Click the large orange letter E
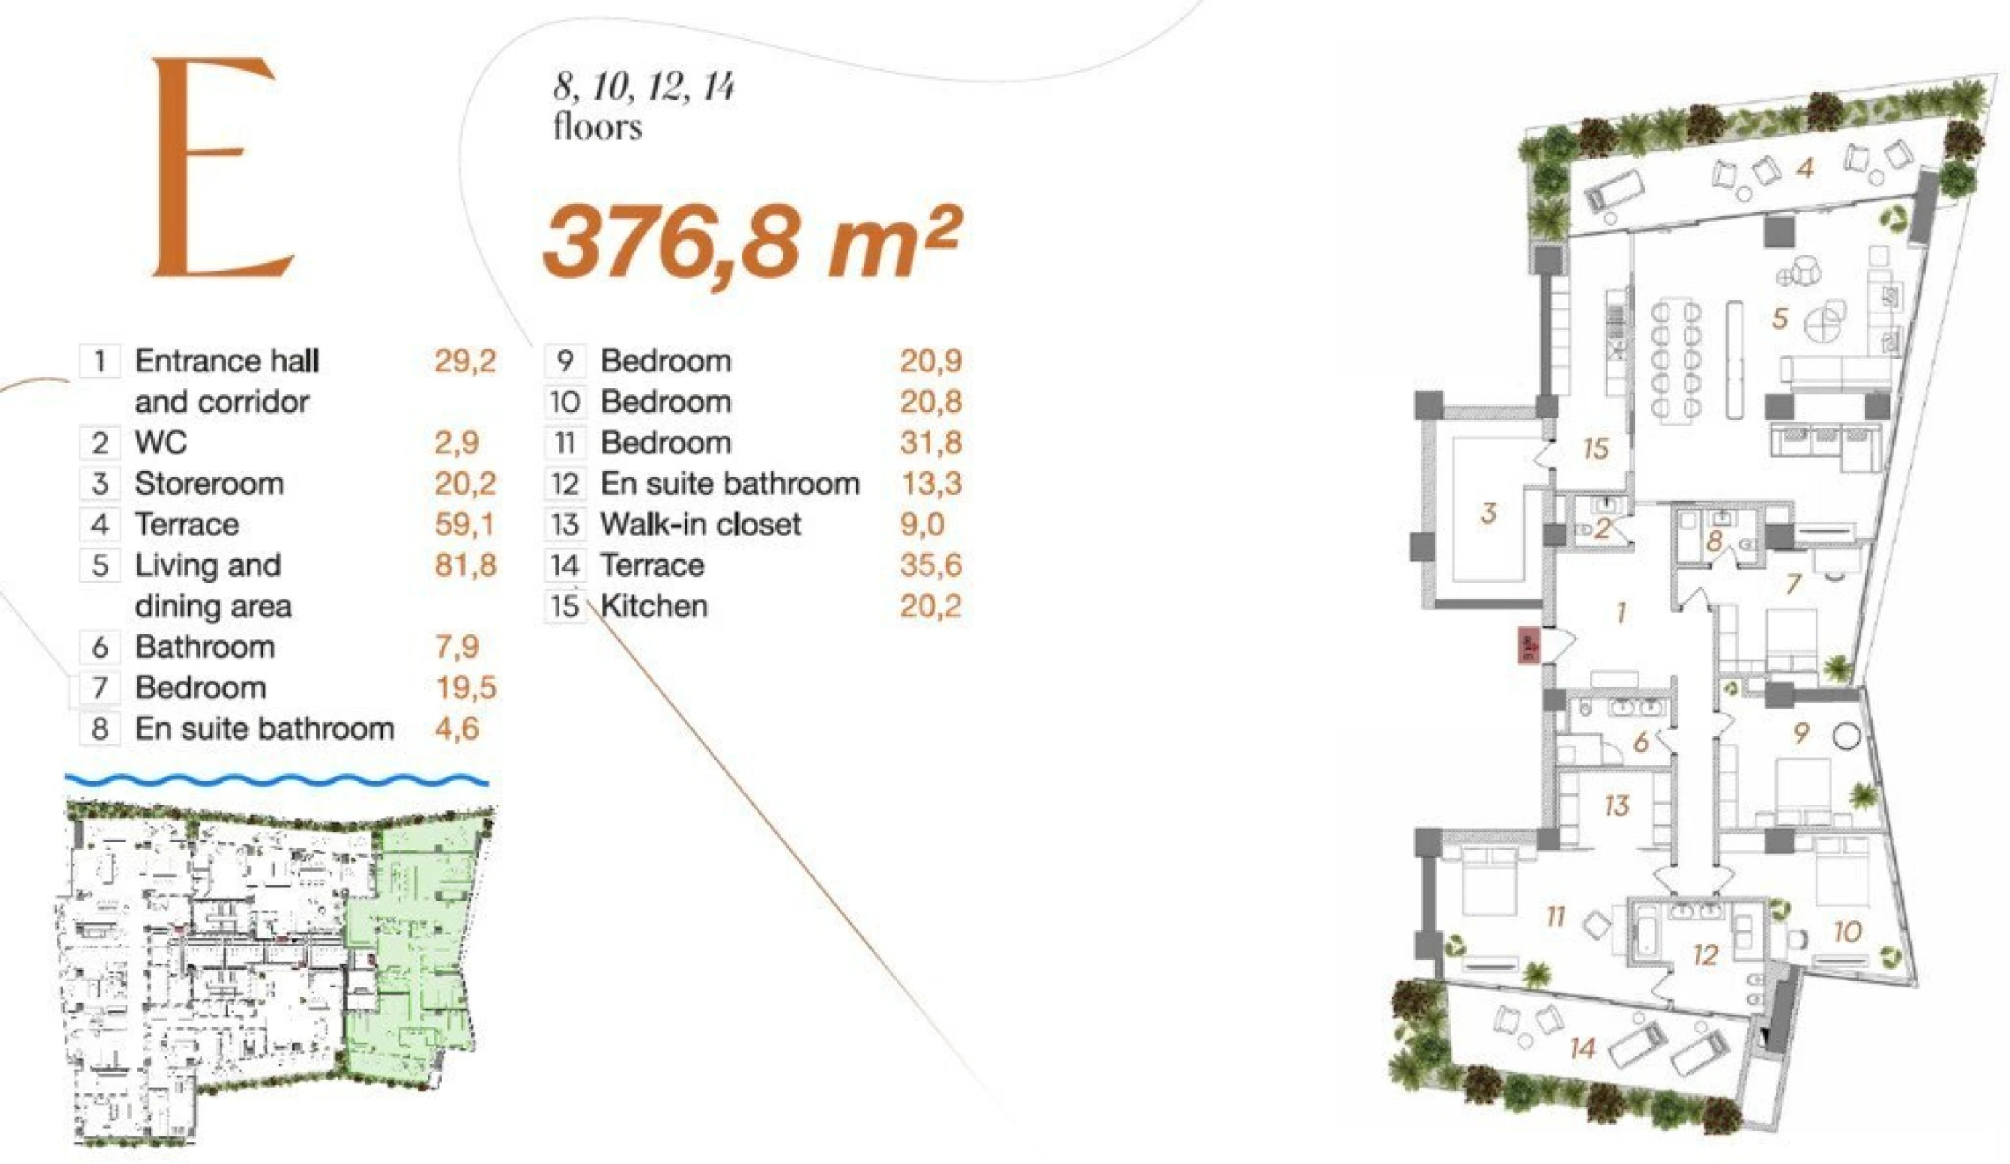(x=220, y=167)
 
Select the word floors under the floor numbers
(x=597, y=127)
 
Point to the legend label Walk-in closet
(x=701, y=524)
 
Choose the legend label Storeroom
(x=209, y=484)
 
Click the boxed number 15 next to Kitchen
(x=565, y=606)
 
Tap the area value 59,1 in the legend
(x=464, y=524)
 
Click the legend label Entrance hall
(x=226, y=362)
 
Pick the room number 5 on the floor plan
(x=1780, y=319)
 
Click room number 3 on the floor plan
(x=1488, y=513)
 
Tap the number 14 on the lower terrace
(x=1582, y=1048)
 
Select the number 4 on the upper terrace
(x=1804, y=167)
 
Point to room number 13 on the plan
(x=1616, y=805)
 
